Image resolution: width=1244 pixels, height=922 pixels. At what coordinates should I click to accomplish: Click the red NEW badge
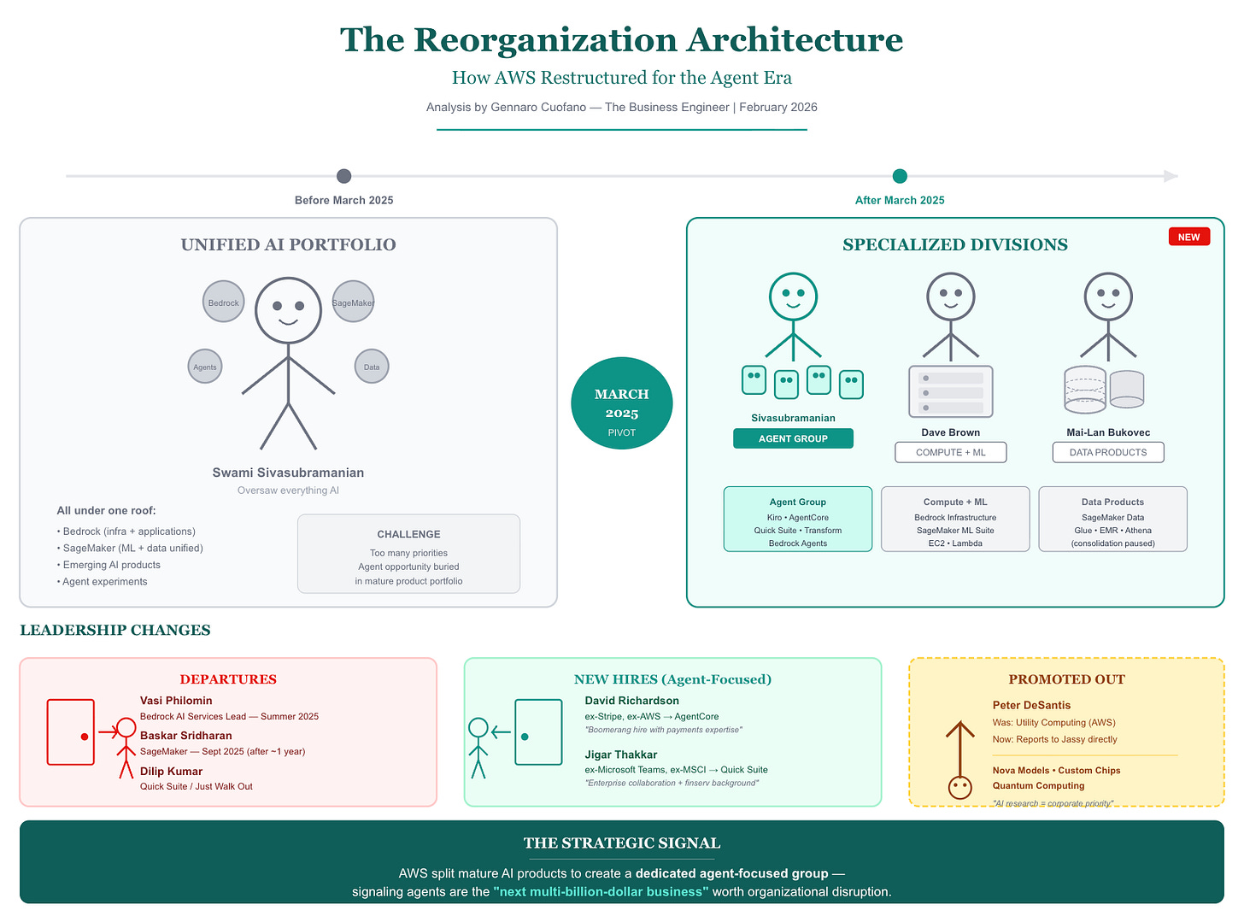(1188, 237)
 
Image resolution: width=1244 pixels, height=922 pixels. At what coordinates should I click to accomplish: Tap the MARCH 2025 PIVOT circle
(621, 403)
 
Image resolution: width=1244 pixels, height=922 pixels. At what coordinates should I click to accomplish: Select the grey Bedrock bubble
(224, 302)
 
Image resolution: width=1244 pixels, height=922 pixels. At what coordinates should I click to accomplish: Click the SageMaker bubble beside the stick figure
(353, 302)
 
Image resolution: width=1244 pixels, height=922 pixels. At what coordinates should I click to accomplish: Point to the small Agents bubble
(205, 367)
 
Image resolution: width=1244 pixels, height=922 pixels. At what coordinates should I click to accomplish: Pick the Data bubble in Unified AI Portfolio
(372, 367)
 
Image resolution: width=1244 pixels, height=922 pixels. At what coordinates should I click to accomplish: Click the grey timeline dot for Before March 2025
(343, 176)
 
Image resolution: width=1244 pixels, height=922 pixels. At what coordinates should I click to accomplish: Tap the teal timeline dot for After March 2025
(900, 176)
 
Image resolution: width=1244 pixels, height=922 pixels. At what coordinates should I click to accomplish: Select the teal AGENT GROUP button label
(793, 438)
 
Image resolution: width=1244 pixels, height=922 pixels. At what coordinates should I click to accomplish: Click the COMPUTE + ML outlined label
(950, 452)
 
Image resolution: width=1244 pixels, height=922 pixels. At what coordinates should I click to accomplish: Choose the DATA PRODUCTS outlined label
(1108, 452)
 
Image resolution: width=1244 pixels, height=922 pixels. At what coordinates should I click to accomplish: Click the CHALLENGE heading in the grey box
(408, 534)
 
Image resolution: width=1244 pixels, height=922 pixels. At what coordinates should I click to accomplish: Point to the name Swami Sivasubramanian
(288, 473)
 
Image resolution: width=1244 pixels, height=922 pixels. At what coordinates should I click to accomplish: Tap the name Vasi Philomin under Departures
(176, 701)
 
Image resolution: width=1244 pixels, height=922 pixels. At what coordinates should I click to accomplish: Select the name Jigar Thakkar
(620, 755)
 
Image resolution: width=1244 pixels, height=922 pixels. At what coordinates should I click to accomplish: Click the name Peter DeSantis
(1031, 705)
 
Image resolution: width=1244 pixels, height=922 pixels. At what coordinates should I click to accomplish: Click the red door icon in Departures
(71, 732)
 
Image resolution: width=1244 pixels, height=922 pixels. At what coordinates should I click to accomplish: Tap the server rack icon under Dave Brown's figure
(950, 391)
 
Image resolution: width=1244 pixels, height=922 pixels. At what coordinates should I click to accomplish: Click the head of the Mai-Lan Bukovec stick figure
(1108, 297)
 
